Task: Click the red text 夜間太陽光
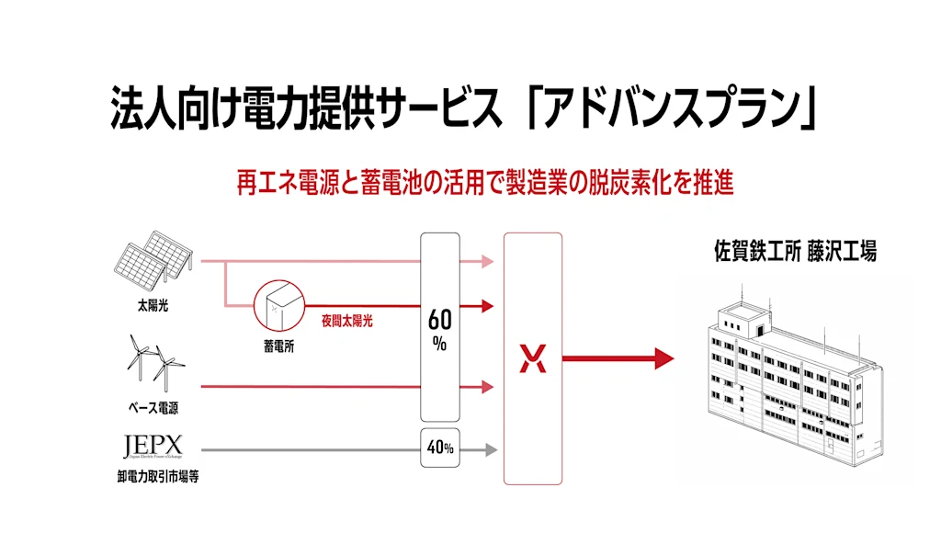[346, 321]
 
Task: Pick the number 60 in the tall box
[440, 321]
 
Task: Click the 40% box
[440, 448]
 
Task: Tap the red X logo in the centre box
[533, 359]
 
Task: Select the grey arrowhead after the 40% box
[492, 450]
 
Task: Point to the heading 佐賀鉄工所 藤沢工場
[795, 251]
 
